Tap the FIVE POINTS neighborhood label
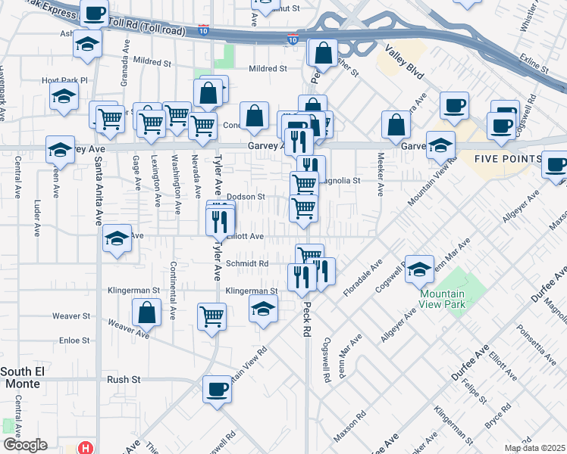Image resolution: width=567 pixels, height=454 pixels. [x=508, y=160]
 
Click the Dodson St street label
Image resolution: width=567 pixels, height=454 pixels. [x=246, y=197]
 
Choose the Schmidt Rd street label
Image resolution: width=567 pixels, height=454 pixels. [x=248, y=263]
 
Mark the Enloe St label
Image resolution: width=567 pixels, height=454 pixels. [x=75, y=340]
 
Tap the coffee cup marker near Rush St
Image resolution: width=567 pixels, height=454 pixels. [x=218, y=390]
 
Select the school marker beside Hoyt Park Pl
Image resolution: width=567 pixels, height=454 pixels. [x=64, y=95]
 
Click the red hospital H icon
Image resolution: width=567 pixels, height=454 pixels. [x=86, y=448]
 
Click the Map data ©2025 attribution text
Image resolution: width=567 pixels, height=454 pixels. [x=535, y=448]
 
